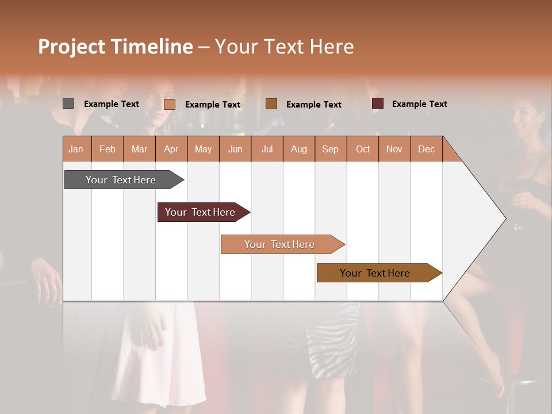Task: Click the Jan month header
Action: pos(76,149)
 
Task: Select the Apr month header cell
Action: pos(171,149)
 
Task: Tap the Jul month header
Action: pos(267,149)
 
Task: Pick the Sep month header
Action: pos(331,149)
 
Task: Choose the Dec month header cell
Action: pos(426,149)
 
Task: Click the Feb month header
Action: pos(108,149)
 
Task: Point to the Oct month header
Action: pos(363,149)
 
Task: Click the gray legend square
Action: pos(68,103)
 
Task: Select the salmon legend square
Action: pos(169,104)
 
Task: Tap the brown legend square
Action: pos(271,104)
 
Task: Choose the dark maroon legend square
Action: pos(377,103)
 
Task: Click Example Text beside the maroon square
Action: pos(419,104)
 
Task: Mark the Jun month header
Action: pos(235,149)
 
